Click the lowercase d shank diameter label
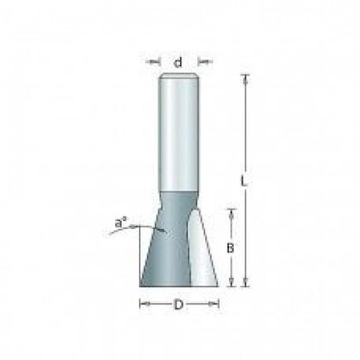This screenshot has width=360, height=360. (178, 63)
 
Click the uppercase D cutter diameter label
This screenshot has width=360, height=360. (179, 305)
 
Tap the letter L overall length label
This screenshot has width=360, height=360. (244, 181)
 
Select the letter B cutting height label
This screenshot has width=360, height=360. (230, 248)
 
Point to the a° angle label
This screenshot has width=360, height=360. (121, 223)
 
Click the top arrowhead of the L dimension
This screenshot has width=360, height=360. (245, 79)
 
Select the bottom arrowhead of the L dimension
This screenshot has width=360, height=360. (245, 282)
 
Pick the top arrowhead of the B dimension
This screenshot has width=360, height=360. (231, 214)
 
